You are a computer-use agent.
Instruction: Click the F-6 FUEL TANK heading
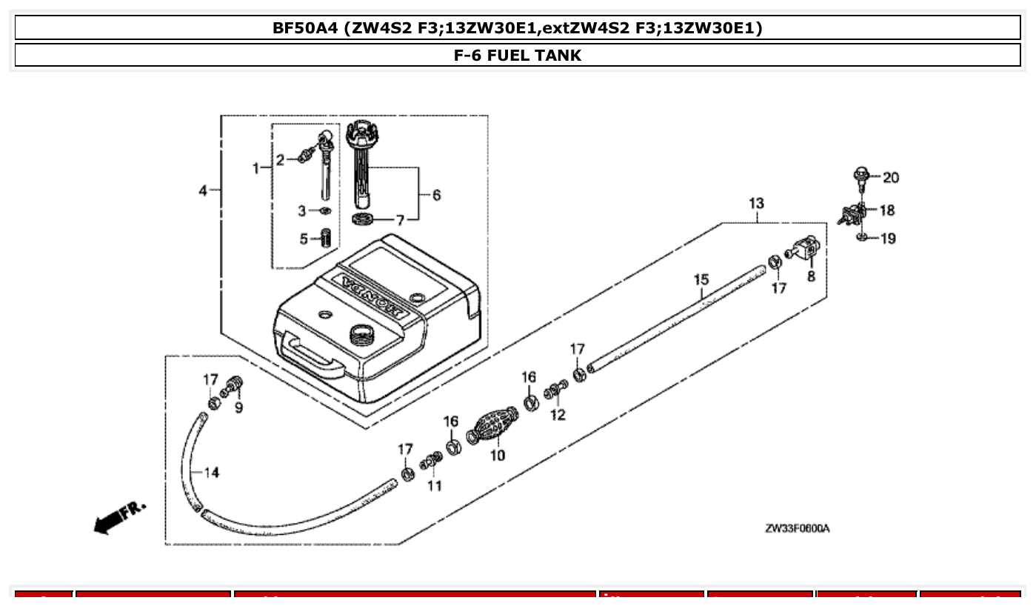pyautogui.click(x=518, y=56)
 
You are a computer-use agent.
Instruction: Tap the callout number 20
pyautogui.click(x=891, y=178)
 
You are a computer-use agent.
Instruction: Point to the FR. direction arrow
pyautogui.click(x=118, y=517)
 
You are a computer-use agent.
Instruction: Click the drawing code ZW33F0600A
pyautogui.click(x=797, y=528)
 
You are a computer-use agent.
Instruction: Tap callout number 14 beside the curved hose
pyautogui.click(x=212, y=473)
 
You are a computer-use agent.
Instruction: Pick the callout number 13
pyautogui.click(x=756, y=203)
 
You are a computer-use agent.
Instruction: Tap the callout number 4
pyautogui.click(x=203, y=190)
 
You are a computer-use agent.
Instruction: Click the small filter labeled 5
pyautogui.click(x=325, y=239)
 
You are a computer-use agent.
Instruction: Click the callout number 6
pyautogui.click(x=436, y=195)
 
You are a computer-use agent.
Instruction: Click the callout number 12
pyautogui.click(x=558, y=415)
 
